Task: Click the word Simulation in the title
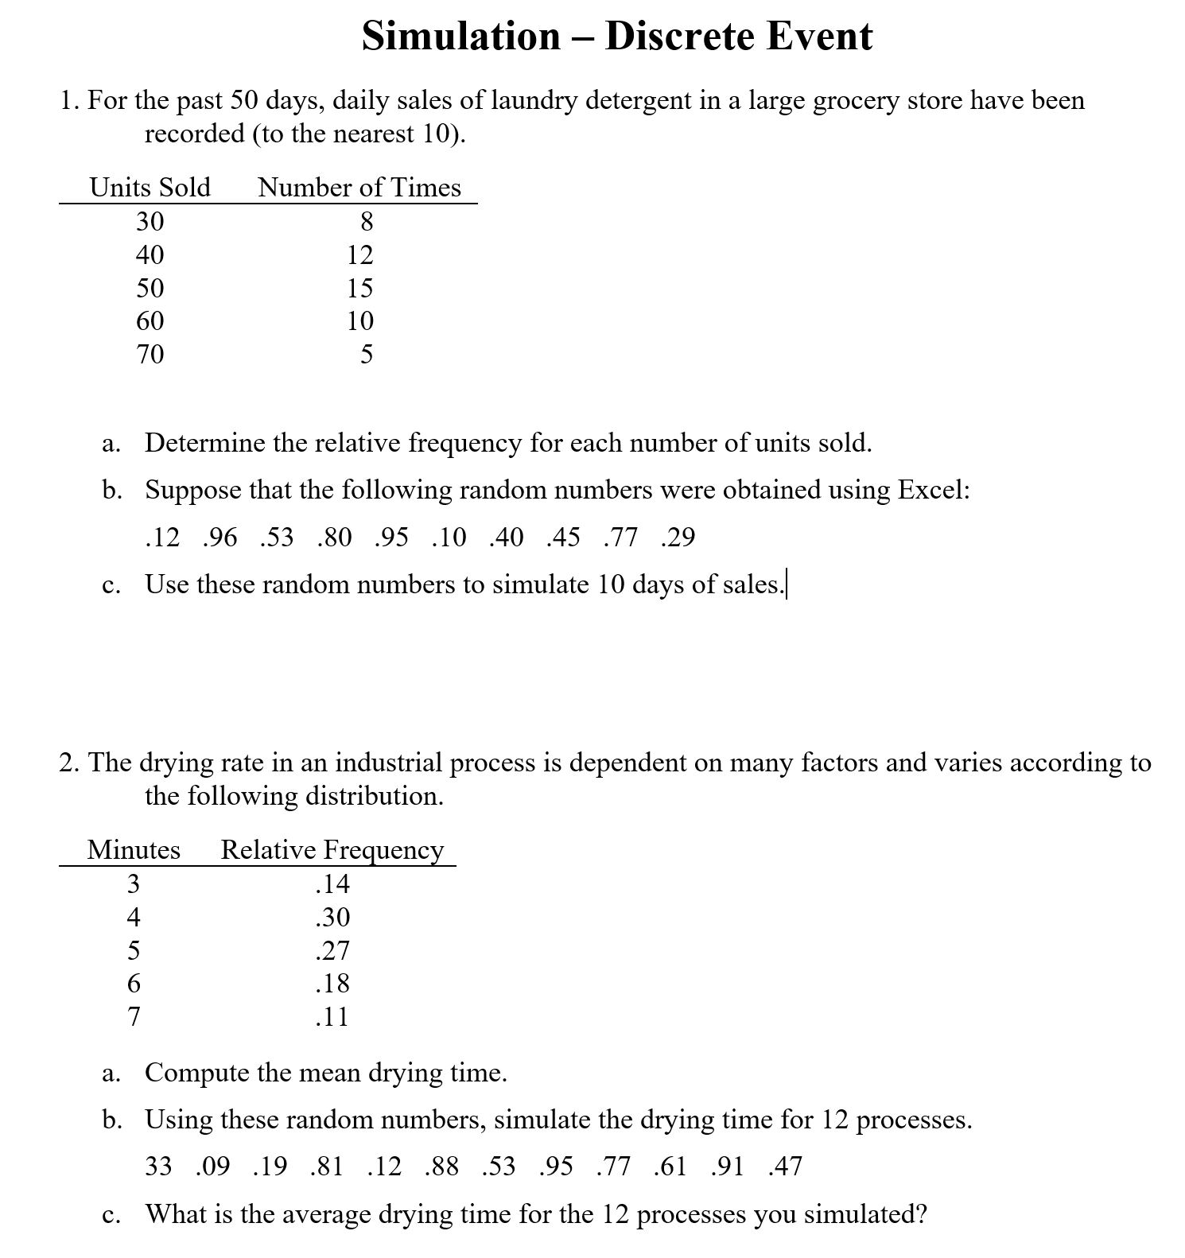pyautogui.click(x=460, y=37)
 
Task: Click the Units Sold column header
pyautogui.click(x=150, y=188)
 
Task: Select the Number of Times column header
pyautogui.click(x=359, y=188)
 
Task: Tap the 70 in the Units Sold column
pyautogui.click(x=150, y=354)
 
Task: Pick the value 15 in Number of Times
pyautogui.click(x=359, y=288)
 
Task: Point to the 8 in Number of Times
pyautogui.click(x=367, y=221)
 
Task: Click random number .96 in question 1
pyautogui.click(x=220, y=538)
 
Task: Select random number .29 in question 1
pyautogui.click(x=678, y=538)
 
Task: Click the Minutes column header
pyautogui.click(x=133, y=850)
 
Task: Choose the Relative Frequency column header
pyautogui.click(x=332, y=850)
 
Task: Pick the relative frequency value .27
pyautogui.click(x=332, y=950)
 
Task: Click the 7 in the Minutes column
pyautogui.click(x=134, y=1016)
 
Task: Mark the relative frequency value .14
pyautogui.click(x=332, y=883)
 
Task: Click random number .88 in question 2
pyautogui.click(x=441, y=1167)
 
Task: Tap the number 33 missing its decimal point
pyautogui.click(x=158, y=1167)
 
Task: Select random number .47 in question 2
pyautogui.click(x=785, y=1167)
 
